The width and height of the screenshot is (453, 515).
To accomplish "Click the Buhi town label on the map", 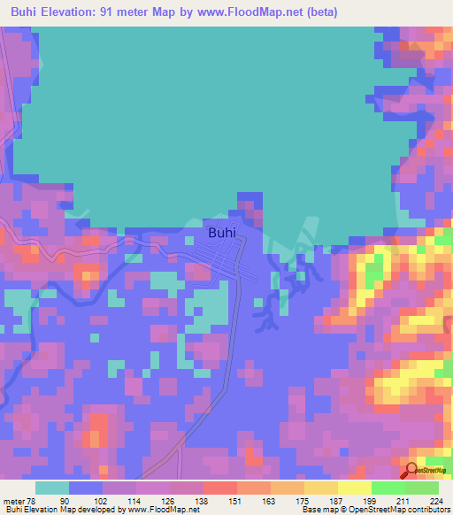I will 222,234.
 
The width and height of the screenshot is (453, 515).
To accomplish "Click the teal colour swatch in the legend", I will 52,488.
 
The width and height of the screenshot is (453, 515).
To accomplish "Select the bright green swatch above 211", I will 388,488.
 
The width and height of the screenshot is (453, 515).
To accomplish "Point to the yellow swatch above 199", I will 355,488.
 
